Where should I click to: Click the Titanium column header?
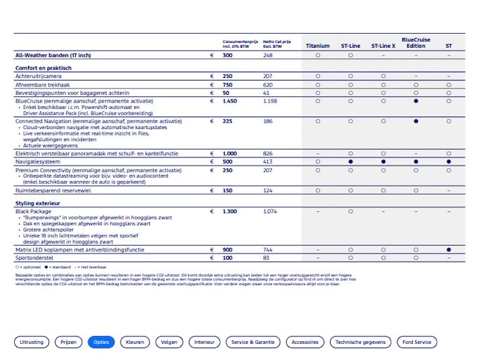point(317,46)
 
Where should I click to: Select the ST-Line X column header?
point(383,46)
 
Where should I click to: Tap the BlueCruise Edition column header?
point(416,44)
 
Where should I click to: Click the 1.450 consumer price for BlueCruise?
point(230,101)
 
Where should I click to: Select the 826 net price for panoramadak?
point(268,153)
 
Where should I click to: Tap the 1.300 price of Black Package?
point(230,211)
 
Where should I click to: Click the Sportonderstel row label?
point(34,258)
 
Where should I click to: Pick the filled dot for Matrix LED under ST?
point(449,249)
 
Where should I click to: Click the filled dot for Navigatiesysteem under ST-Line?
point(350,161)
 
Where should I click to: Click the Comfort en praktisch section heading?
point(44,68)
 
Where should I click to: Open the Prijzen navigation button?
point(69,342)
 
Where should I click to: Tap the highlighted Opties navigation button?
point(101,342)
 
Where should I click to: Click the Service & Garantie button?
point(253,342)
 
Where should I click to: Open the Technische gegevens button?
point(360,342)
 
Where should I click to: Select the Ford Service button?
point(417,342)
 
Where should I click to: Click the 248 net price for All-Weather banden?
point(268,55)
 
